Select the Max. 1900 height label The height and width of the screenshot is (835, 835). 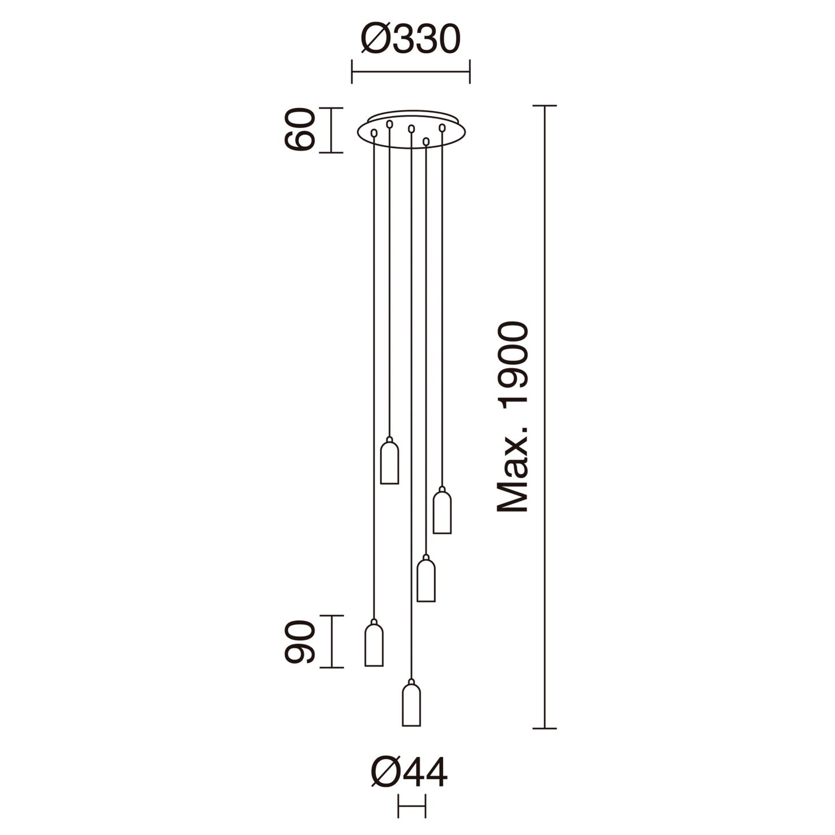tap(513, 417)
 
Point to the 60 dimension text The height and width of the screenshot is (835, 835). tap(300, 130)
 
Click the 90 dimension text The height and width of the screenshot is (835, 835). tap(300, 642)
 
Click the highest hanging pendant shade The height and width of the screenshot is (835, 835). tap(389, 462)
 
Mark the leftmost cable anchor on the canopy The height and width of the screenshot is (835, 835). tap(374, 133)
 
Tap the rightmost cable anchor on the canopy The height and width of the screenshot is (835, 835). tap(442, 127)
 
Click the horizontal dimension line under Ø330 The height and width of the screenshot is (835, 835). tap(410, 72)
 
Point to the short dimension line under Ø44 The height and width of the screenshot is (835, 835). tap(411, 806)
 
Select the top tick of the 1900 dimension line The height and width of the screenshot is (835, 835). tap(544, 106)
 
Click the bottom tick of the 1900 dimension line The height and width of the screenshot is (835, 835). tap(544, 728)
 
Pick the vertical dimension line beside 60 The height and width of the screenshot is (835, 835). tap(331, 130)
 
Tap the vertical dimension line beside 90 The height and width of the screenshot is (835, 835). tap(331, 641)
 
